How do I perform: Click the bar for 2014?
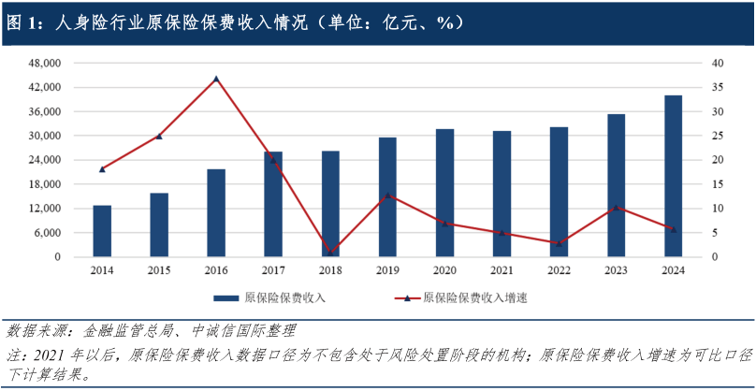point(102,231)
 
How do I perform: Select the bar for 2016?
point(216,213)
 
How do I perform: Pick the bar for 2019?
point(387,197)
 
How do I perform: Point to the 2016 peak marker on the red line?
point(216,79)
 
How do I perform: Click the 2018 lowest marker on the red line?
point(330,251)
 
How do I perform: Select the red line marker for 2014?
point(102,169)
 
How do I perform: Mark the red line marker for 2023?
point(616,208)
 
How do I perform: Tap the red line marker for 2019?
point(387,195)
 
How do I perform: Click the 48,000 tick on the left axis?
point(46,64)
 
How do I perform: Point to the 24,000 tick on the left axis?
point(46,160)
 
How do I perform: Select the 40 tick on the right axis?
point(718,64)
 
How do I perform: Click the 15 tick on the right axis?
point(718,184)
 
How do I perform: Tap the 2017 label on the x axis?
point(273,270)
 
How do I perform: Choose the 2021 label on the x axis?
point(502,270)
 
